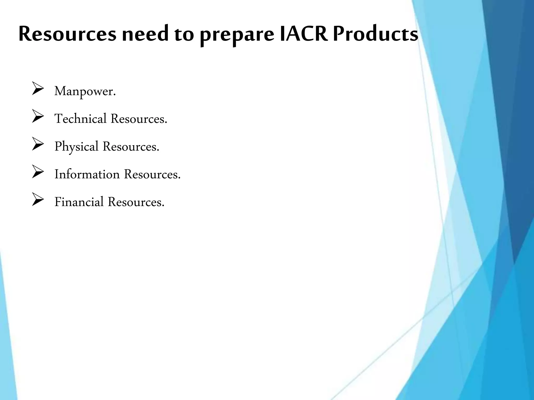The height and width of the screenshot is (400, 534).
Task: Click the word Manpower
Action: pyautogui.click(x=85, y=91)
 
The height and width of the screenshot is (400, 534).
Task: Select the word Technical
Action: pyautogui.click(x=81, y=119)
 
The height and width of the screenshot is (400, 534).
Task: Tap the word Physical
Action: pyautogui.click(x=76, y=147)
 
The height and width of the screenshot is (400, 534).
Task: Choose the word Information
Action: pyautogui.click(x=87, y=174)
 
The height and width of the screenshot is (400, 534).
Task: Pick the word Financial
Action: pyautogui.click(x=79, y=202)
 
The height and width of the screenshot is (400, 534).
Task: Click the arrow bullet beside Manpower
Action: pyautogui.click(x=38, y=89)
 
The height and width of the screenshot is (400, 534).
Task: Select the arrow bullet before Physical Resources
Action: pyautogui.click(x=38, y=144)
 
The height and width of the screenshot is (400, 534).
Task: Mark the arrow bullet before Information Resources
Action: pyautogui.click(x=38, y=172)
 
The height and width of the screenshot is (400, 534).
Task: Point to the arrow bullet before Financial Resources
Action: pyautogui.click(x=38, y=199)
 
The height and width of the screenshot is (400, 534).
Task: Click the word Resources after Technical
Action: pyautogui.click(x=139, y=119)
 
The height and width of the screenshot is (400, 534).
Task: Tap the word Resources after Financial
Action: pyautogui.click(x=136, y=202)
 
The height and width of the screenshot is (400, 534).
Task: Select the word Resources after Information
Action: pyautogui.click(x=152, y=174)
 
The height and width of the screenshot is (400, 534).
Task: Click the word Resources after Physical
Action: pyautogui.click(x=131, y=147)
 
